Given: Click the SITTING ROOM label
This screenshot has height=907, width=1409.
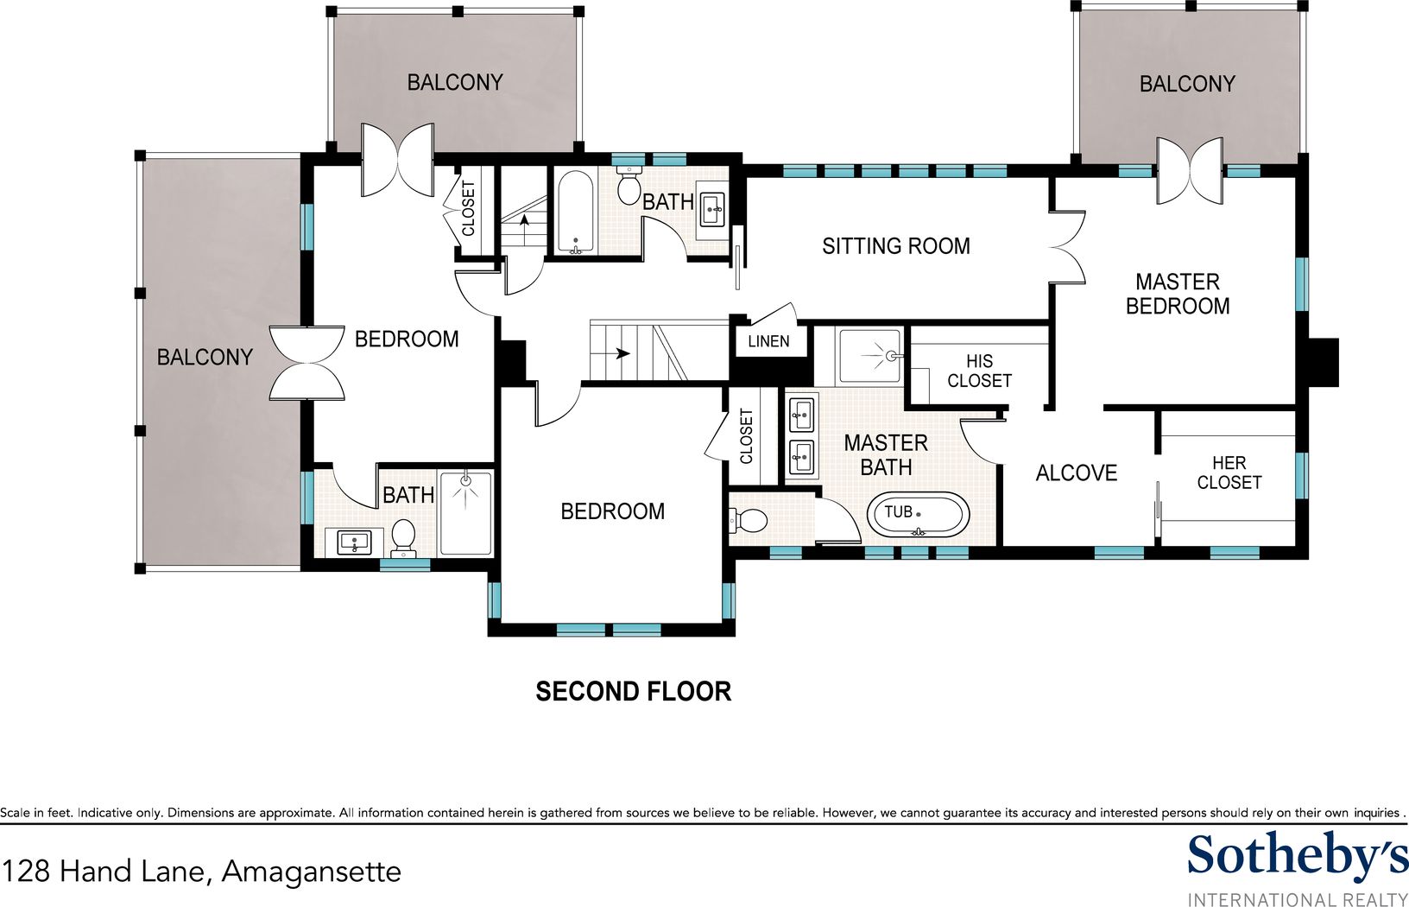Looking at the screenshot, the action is coord(895,246).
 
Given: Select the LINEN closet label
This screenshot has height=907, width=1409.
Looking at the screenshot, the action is coord(768,342).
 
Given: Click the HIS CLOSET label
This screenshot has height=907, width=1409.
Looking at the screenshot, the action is coord(979,371).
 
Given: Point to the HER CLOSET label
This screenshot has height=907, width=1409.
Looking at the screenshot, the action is coord(1229,473).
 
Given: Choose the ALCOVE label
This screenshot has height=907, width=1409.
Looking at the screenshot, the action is coord(1077,473).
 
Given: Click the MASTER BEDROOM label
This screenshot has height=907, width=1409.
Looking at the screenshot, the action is coord(1178,294).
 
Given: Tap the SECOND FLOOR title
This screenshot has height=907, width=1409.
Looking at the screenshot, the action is coord(634,692).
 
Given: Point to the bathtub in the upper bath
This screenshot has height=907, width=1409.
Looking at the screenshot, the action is coord(576,212).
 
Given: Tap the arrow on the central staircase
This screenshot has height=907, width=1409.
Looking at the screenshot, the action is coord(622,353).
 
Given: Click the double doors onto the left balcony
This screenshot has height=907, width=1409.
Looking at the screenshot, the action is coord(307,363).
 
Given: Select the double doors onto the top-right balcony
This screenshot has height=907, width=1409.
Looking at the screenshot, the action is coord(1190,170).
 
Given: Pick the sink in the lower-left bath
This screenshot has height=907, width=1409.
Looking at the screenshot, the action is coord(354,542).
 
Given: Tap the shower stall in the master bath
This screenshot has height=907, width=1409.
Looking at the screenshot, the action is coord(870,356).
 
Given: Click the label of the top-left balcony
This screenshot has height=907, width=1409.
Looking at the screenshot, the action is coord(455,82).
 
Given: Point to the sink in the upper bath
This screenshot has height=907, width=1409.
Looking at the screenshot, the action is coord(712,208).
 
